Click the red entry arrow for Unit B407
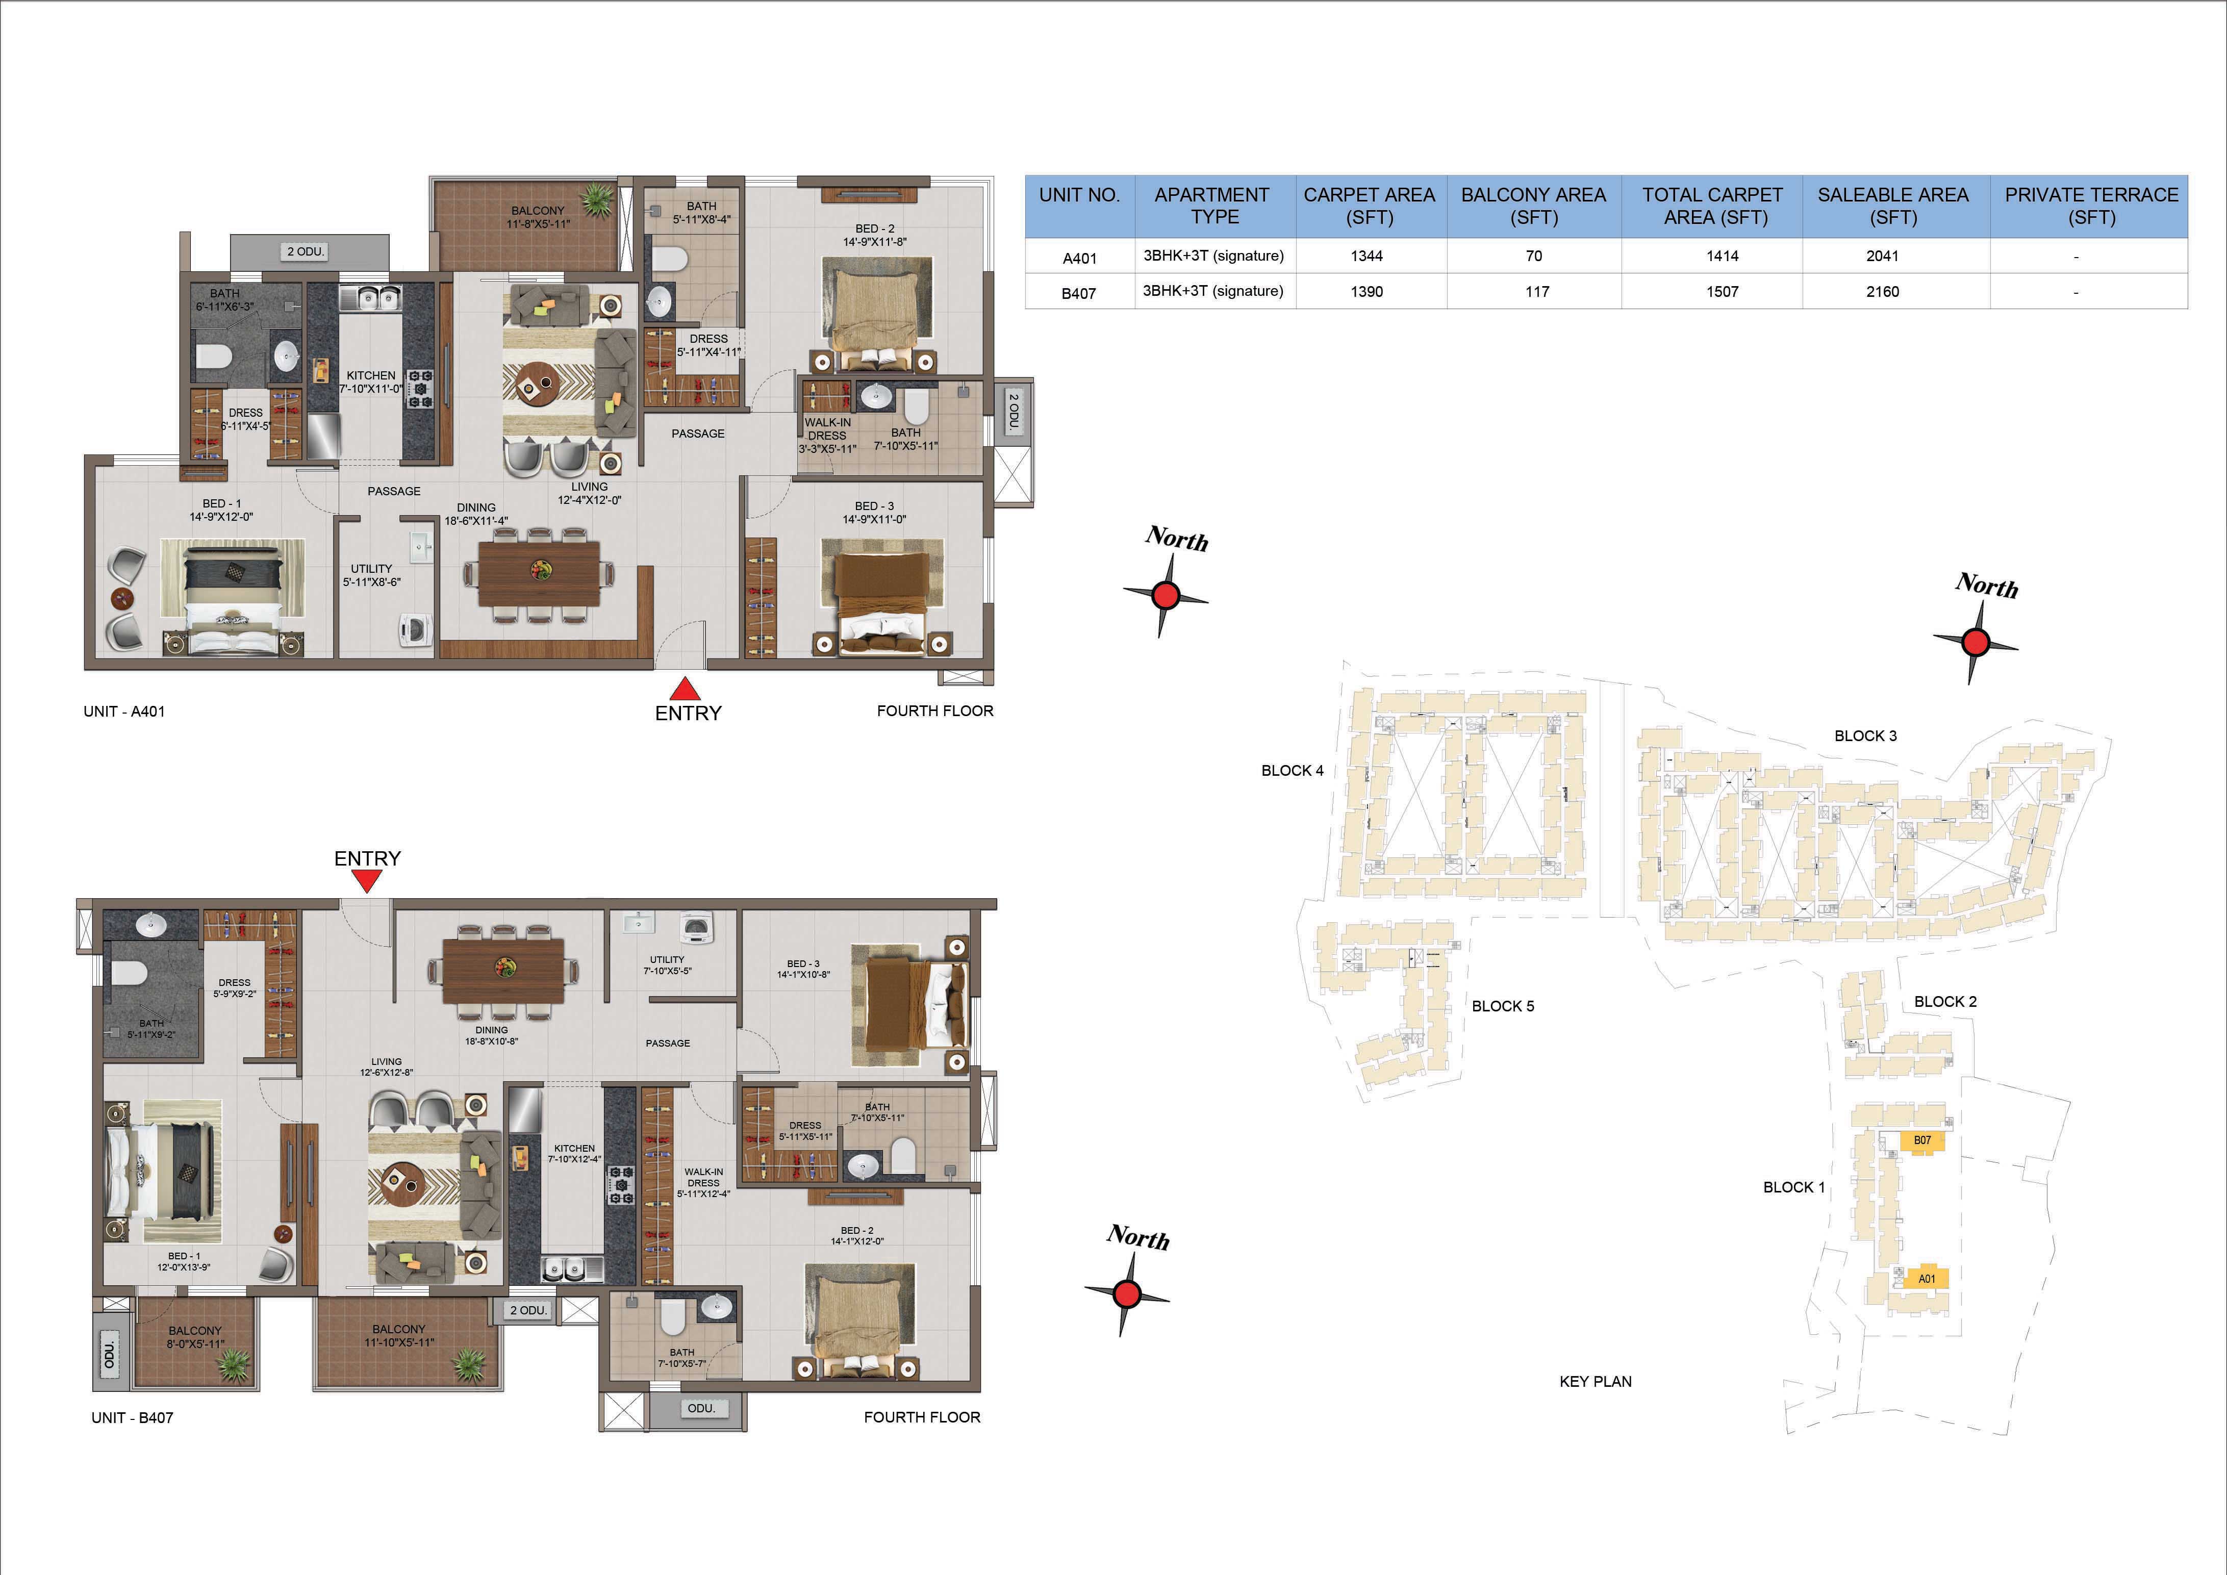click(367, 881)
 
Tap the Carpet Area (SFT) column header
click(1369, 206)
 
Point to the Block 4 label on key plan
click(1292, 771)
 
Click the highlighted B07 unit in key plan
click(1921, 1140)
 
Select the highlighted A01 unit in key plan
click(1927, 1278)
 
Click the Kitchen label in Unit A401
click(371, 375)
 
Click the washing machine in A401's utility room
click(417, 629)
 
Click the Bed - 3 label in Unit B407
click(803, 964)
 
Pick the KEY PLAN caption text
click(1596, 1381)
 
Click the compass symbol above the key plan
click(1976, 641)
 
